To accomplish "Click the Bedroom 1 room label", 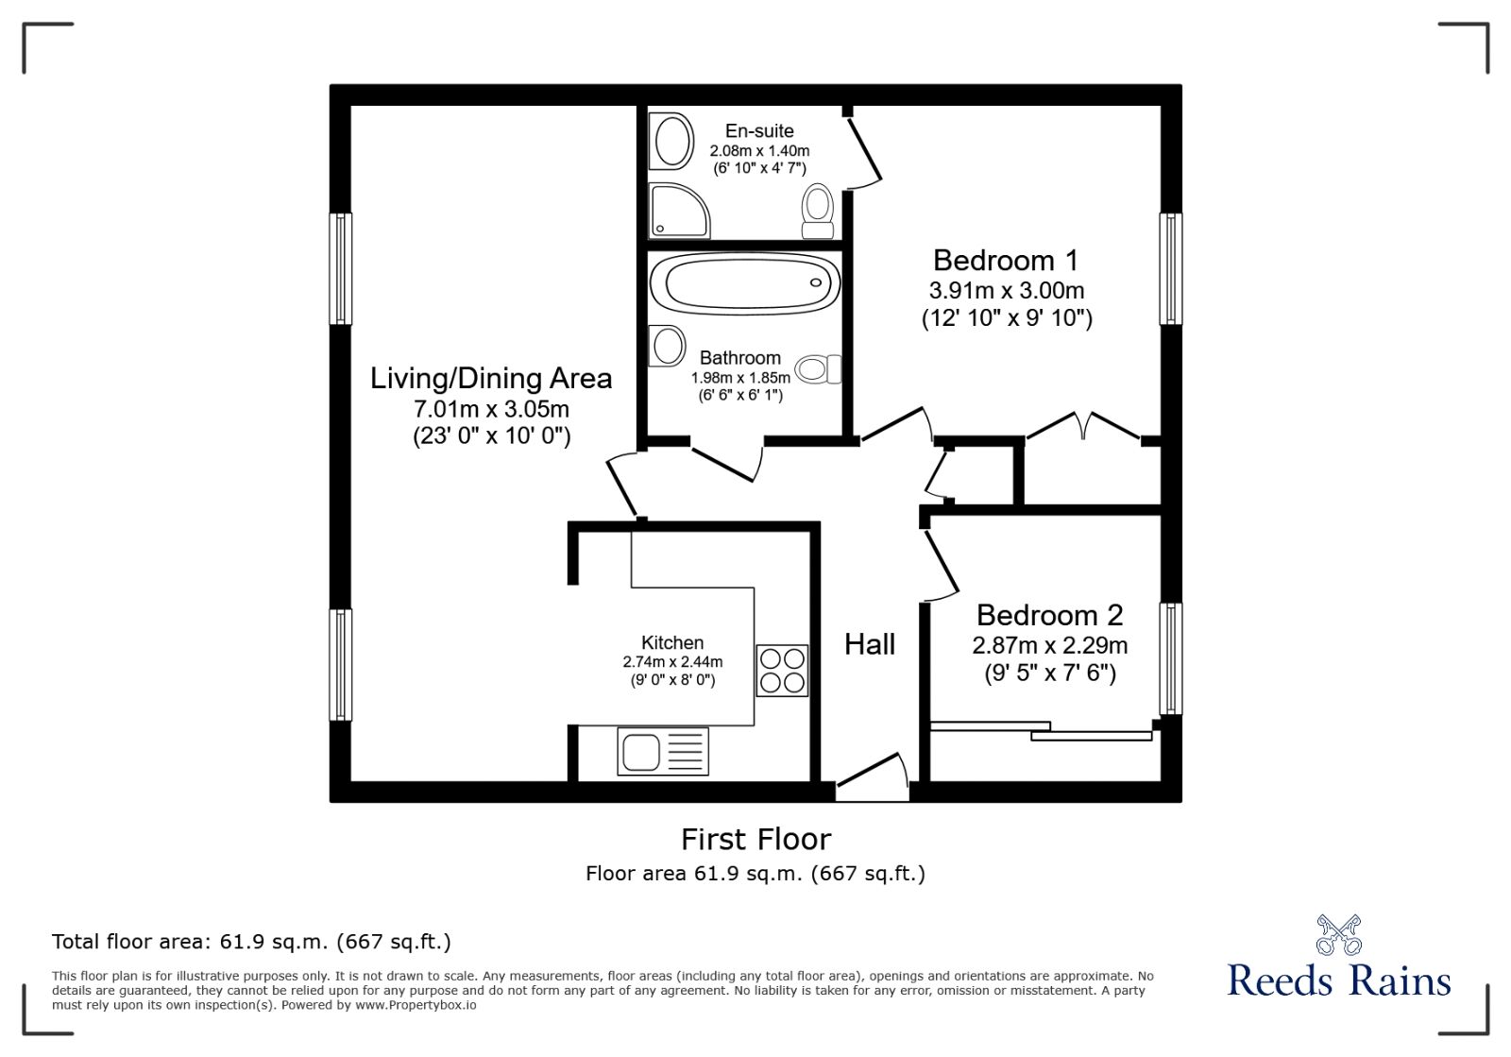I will click(1006, 260).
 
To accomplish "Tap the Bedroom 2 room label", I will click(1049, 615).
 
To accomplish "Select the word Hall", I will click(869, 644).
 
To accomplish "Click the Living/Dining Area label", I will click(491, 379).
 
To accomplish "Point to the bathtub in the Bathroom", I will click(745, 281).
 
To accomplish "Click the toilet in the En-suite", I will click(817, 211).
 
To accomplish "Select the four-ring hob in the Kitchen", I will click(782, 670).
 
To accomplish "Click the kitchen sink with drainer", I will click(662, 752).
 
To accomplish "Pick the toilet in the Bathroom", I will click(818, 369).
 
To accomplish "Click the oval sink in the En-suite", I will click(672, 141).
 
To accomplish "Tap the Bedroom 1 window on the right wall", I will click(1170, 269).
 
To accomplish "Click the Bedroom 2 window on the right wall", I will click(1170, 658).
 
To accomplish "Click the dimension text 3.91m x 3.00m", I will click(1007, 290).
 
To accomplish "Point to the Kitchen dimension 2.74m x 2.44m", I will click(672, 661).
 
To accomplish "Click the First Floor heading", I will click(755, 839).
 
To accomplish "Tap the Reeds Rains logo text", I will click(1338, 980).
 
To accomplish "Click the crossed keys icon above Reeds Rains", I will click(1338, 934).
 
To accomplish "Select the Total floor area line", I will click(251, 942).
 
